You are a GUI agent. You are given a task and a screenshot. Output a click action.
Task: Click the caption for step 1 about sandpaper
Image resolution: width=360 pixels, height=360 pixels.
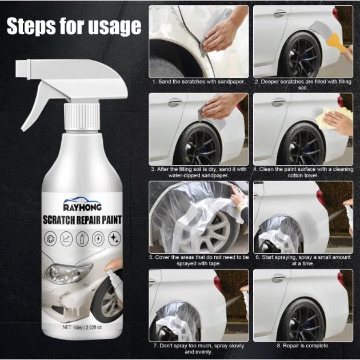tap(198, 82)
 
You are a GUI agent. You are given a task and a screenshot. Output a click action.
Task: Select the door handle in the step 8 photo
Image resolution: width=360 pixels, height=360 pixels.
tap(278, 278)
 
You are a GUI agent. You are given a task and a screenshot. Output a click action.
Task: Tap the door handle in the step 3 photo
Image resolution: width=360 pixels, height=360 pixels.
tap(174, 102)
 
